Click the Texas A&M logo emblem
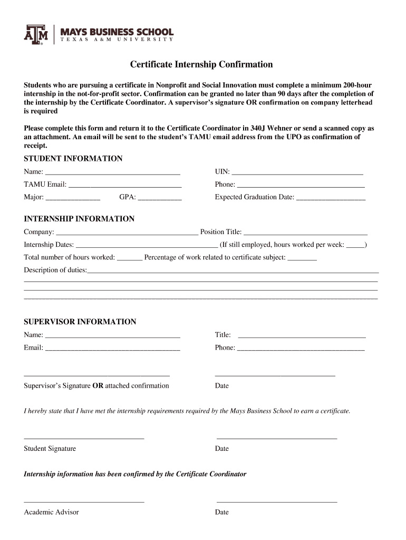[x=36, y=34]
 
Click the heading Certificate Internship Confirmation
[x=202, y=64]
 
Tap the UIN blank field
[x=297, y=172]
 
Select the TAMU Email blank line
[x=125, y=185]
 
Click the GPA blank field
[x=160, y=198]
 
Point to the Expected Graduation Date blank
[x=331, y=198]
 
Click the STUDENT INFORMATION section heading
[x=73, y=159]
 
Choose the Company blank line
[x=127, y=233]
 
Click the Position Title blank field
[x=305, y=233]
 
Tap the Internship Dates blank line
[x=147, y=245]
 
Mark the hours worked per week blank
[x=355, y=245]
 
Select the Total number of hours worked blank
[x=129, y=258]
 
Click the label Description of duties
[x=55, y=270]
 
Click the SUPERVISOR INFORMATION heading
[x=80, y=322]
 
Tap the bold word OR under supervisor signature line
[x=98, y=385]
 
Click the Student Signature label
[x=50, y=449]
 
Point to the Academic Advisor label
[x=51, y=512]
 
